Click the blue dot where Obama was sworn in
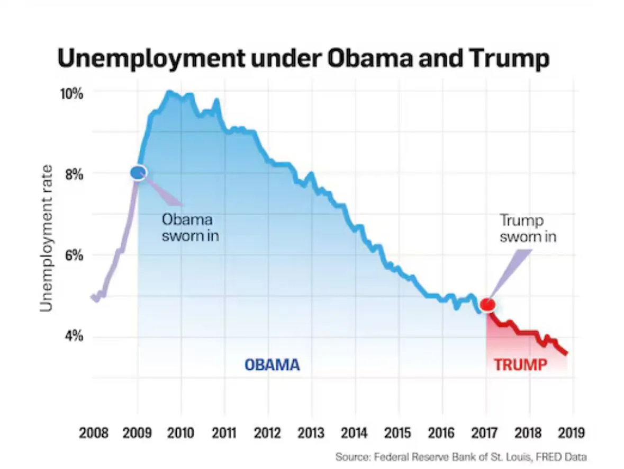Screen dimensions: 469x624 point(138,172)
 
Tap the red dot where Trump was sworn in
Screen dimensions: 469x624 point(487,305)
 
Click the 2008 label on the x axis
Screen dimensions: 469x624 point(94,433)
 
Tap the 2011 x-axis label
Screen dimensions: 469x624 point(224,433)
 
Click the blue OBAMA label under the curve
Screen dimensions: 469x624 point(272,365)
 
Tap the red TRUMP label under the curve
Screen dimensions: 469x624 point(521,365)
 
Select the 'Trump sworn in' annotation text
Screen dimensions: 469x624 point(528,228)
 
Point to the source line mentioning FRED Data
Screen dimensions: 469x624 point(461,457)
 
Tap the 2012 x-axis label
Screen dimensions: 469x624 point(268,433)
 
